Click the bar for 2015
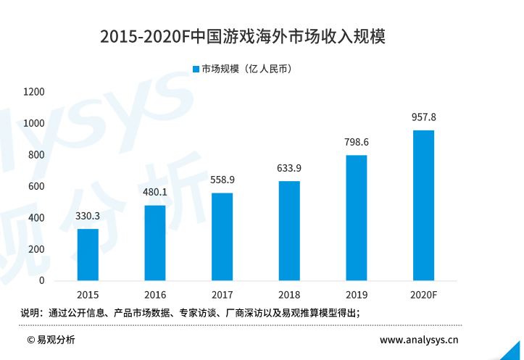click(x=88, y=254)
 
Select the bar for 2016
click(x=155, y=243)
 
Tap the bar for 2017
click(x=223, y=236)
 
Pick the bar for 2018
click(x=289, y=230)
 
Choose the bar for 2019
click(x=357, y=217)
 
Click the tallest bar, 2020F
click(x=423, y=205)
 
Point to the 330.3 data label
click(x=88, y=216)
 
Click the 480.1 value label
click(x=155, y=193)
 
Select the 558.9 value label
click(x=223, y=180)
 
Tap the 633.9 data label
click(x=289, y=168)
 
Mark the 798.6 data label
click(x=357, y=142)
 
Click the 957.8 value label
click(x=423, y=117)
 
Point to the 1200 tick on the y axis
click(x=34, y=92)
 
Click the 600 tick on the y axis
click(x=37, y=186)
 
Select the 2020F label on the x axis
click(x=423, y=296)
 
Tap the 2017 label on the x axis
click(x=223, y=296)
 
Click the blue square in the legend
click(x=196, y=69)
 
